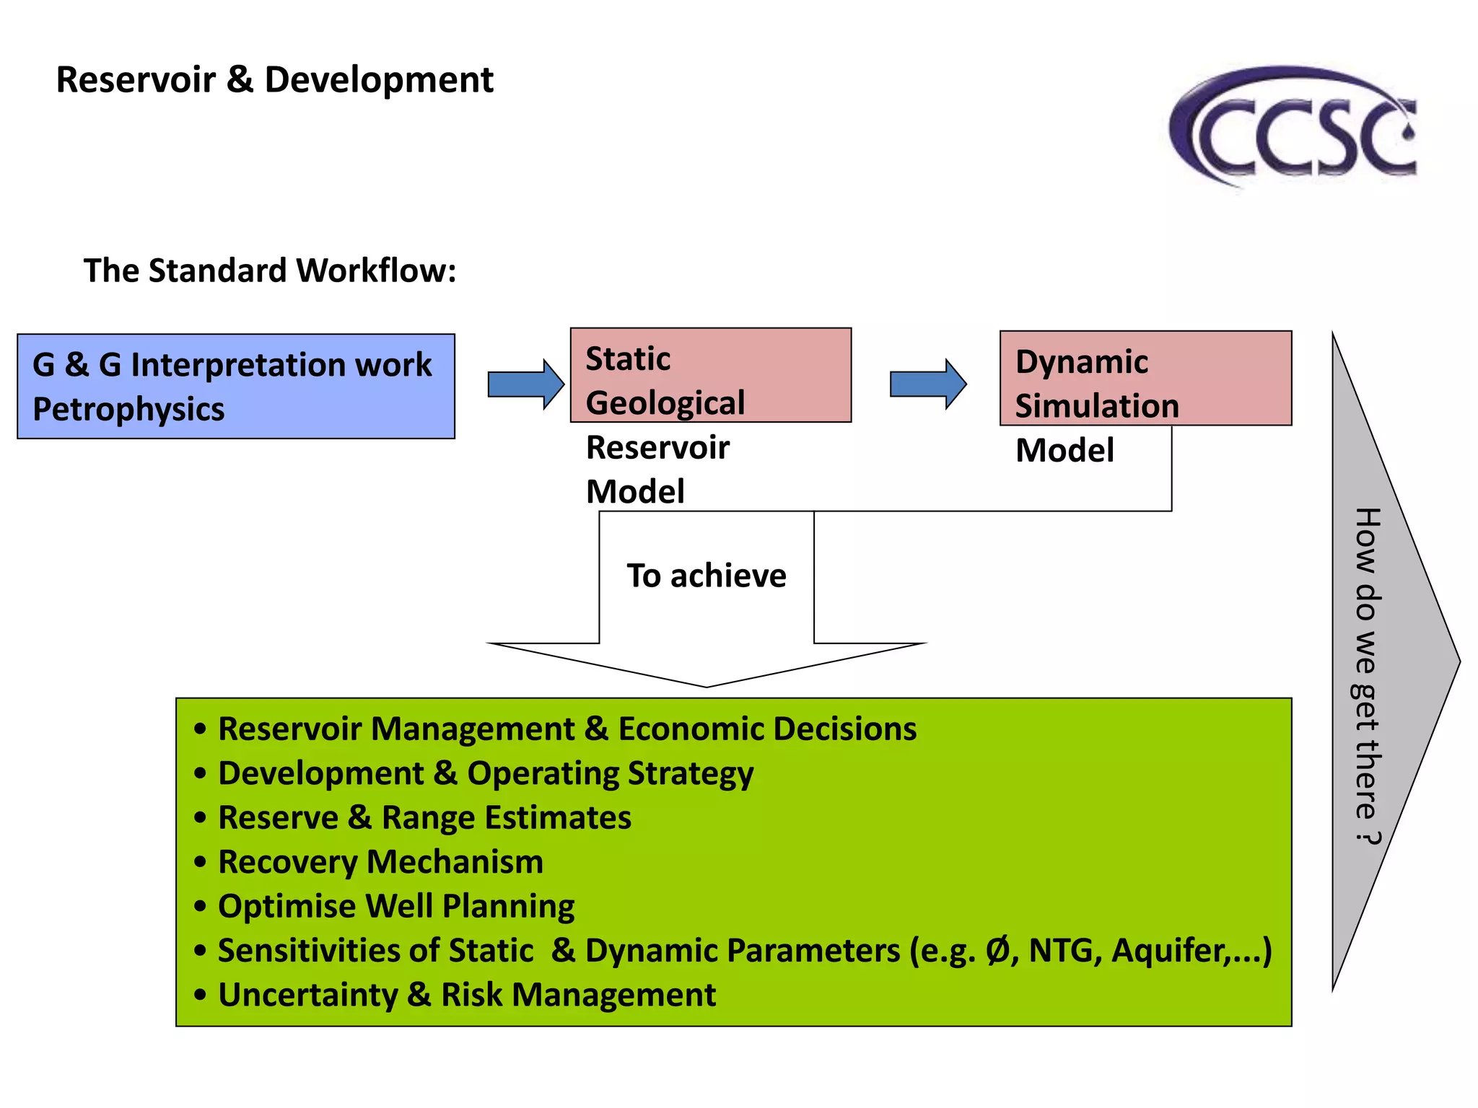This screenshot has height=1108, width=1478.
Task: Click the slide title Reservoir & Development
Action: (274, 79)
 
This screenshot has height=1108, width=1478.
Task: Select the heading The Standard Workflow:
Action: (270, 271)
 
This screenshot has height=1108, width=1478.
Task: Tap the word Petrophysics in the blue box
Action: (128, 410)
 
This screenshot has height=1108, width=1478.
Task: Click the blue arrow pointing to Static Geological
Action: (525, 384)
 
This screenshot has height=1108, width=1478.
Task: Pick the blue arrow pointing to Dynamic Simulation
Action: (927, 384)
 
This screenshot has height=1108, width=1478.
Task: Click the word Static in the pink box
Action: (628, 359)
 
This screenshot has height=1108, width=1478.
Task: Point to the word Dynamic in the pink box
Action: (1081, 361)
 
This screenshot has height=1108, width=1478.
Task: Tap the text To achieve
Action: (706, 576)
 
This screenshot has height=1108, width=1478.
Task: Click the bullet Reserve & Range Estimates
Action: (424, 818)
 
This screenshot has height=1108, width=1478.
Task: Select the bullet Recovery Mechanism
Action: (380, 862)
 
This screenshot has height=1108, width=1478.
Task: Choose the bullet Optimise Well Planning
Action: (396, 907)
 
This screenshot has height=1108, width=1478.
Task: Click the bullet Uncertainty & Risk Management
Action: (467, 995)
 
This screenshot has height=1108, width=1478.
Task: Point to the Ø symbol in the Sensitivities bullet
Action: (998, 950)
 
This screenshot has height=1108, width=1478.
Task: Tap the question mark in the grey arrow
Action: (1367, 837)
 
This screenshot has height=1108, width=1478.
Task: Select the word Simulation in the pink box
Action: (1097, 406)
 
